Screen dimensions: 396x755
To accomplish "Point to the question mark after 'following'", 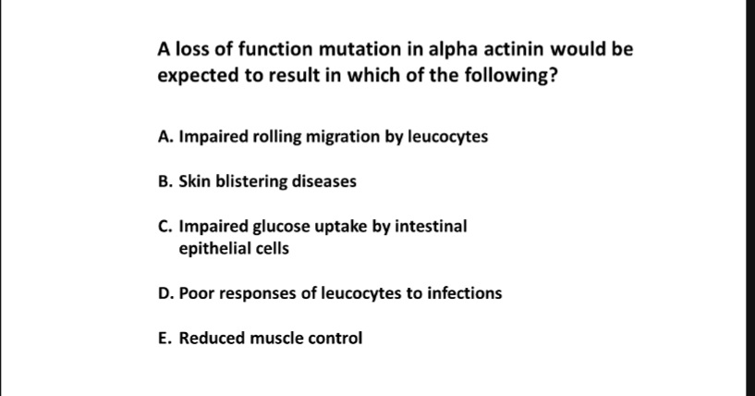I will point(552,77).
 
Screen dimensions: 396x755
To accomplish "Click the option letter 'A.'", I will point(165,137).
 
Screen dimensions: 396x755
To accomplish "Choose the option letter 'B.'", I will point(165,181).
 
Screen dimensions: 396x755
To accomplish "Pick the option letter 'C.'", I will point(165,226).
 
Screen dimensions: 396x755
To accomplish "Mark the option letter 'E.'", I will point(165,338).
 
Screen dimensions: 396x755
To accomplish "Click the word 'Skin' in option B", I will point(194,181).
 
